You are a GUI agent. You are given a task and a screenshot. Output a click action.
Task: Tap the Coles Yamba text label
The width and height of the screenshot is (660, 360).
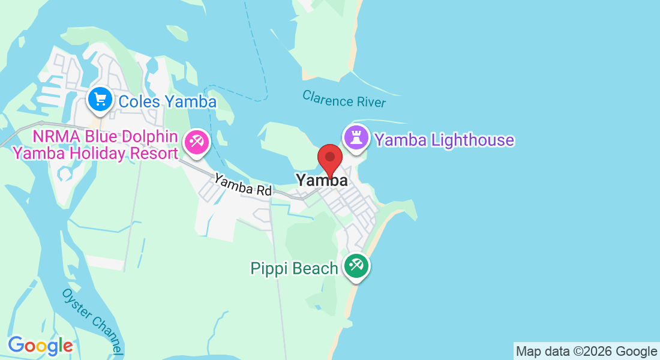(x=167, y=101)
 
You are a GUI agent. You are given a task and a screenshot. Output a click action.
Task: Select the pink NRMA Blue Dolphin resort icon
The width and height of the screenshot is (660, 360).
(x=196, y=142)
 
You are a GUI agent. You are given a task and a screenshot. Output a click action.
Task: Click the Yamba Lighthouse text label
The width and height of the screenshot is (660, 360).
(x=444, y=140)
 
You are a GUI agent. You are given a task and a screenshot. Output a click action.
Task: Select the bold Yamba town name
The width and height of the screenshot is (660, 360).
(x=321, y=180)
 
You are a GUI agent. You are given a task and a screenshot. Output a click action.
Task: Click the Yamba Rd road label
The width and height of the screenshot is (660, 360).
(x=243, y=185)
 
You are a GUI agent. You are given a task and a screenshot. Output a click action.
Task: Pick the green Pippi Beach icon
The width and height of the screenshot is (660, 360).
(x=356, y=266)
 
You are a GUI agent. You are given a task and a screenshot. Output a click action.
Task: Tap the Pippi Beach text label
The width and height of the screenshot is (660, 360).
(x=294, y=268)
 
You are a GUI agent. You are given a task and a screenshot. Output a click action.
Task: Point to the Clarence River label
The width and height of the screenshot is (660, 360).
(x=344, y=99)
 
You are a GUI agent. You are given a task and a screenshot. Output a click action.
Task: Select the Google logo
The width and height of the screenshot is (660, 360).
(x=40, y=346)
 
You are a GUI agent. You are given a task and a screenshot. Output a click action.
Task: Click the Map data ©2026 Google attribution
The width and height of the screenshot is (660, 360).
(x=586, y=352)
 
